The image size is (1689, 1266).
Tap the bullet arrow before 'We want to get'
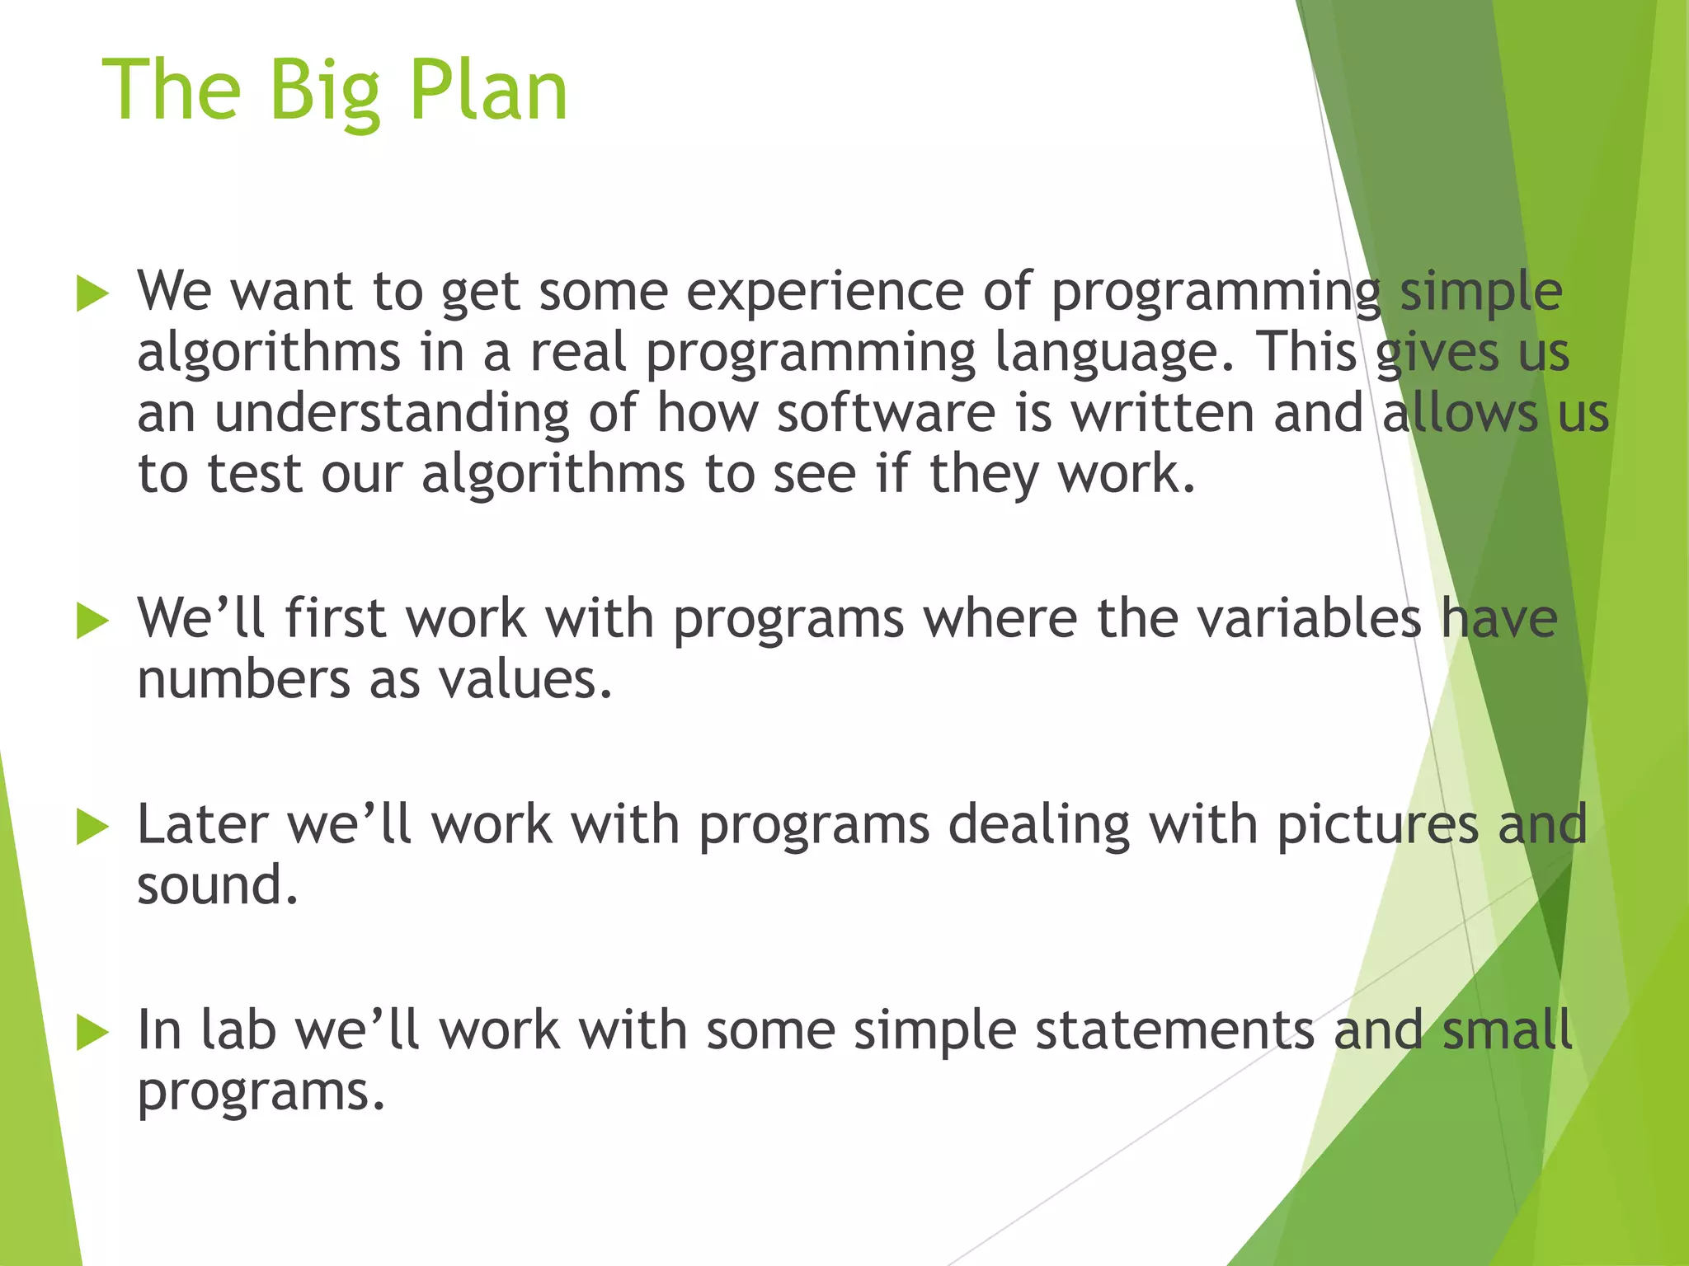click(92, 294)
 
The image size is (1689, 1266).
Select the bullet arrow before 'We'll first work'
click(92, 621)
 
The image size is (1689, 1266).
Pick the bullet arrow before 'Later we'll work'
click(92, 827)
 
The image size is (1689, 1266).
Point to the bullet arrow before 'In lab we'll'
click(92, 1033)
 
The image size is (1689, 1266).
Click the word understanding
click(392, 413)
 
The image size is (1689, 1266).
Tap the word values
click(525, 680)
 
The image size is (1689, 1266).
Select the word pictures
click(1377, 825)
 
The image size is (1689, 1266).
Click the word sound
click(217, 886)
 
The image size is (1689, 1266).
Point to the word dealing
click(1038, 825)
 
